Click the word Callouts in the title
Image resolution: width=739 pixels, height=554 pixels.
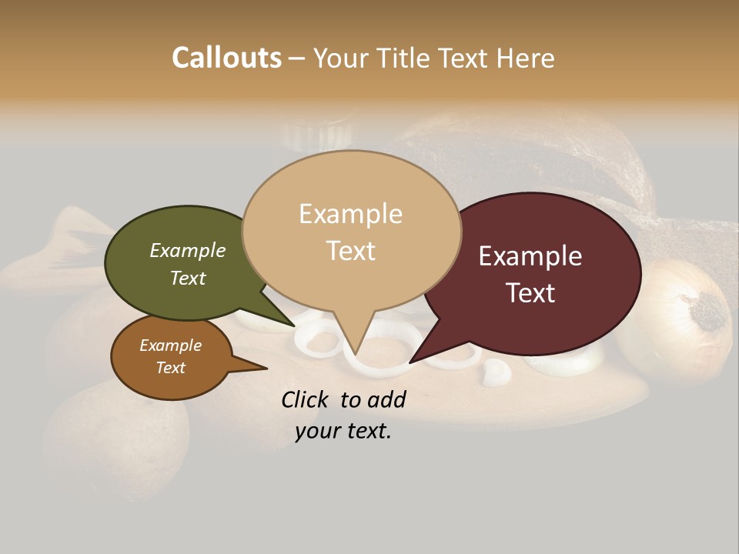coord(226,58)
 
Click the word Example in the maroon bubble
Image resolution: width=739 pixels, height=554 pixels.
coord(530,256)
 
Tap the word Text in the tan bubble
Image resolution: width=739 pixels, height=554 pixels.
coord(351,251)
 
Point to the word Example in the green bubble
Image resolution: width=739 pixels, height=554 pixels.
coord(187,250)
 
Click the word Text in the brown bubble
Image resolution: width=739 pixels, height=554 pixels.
coord(170,368)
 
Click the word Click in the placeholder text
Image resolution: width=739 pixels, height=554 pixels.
coord(306,399)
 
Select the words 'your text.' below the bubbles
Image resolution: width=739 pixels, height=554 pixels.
coord(343,431)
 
